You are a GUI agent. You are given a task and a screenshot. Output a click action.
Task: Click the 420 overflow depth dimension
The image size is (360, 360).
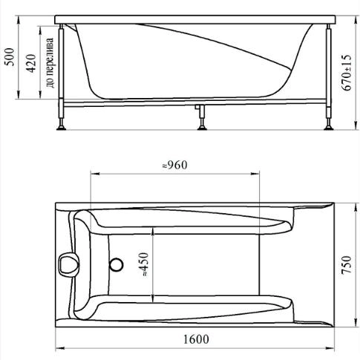coord(31,63)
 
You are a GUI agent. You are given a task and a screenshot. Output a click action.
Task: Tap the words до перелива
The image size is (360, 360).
coord(50,63)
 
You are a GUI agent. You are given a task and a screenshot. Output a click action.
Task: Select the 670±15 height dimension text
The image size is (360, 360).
coord(347,73)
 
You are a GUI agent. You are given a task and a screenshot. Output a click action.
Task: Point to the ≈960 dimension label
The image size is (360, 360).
coord(174,165)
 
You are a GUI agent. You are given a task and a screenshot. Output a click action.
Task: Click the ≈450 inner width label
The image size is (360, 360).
coord(144,264)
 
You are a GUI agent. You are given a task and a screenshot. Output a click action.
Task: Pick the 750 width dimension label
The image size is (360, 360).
coord(347,265)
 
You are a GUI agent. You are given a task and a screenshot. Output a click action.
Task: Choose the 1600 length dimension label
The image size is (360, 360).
coord(196,339)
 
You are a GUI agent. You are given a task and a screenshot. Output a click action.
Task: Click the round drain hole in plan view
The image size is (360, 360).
coord(116,264)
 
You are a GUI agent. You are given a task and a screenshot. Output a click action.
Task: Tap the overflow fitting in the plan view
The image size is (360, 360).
coord(69,264)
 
